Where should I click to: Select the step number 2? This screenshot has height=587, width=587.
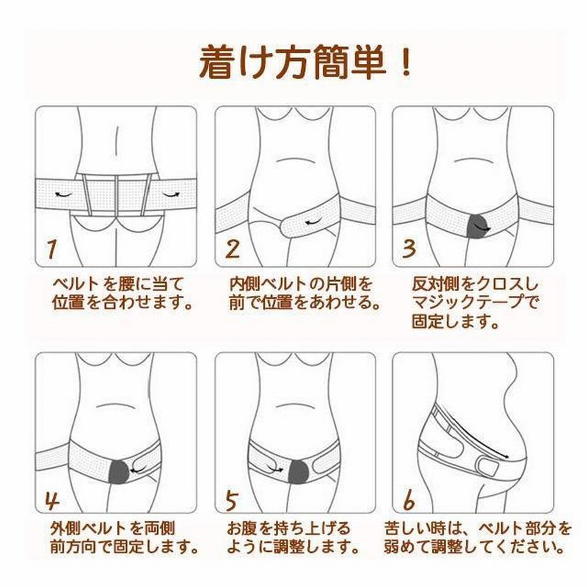232,249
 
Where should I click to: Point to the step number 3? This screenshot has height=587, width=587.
409,248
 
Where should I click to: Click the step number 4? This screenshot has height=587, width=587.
52,500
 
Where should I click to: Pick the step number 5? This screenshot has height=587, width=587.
232,500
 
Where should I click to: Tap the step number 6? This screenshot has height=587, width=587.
409,500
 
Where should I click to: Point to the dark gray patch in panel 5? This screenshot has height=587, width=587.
298,473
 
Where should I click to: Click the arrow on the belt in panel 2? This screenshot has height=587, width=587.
313,222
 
